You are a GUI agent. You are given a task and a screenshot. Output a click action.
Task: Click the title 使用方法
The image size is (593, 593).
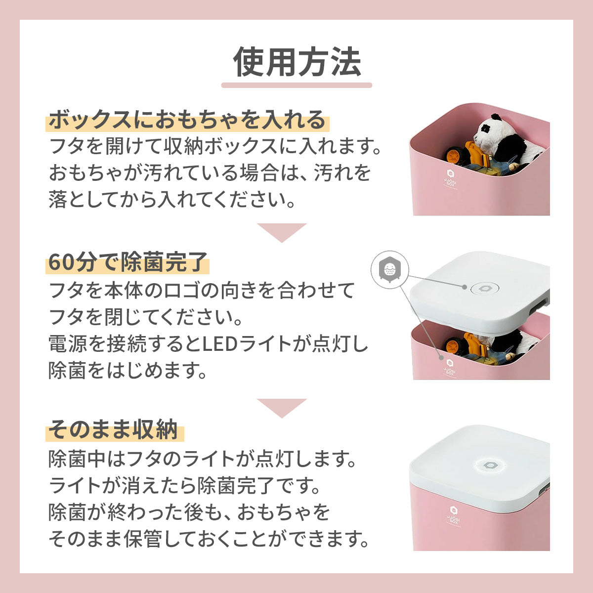tap(296, 62)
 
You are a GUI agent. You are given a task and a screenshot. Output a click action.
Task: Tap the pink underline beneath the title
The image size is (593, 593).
tap(296, 85)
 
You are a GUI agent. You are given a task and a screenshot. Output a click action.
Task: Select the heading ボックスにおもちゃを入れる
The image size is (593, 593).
tap(187, 120)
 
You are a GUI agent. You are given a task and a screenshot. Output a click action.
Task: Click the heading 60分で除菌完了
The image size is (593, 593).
tap(127, 262)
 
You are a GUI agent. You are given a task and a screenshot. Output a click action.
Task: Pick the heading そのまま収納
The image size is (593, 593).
tap(113, 429)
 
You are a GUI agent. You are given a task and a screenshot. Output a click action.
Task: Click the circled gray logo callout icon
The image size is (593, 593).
tap(390, 270)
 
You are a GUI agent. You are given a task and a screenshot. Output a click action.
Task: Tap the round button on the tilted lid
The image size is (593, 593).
tap(485, 288)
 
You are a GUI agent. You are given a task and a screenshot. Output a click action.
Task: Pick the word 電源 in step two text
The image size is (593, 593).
tap(68, 344)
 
